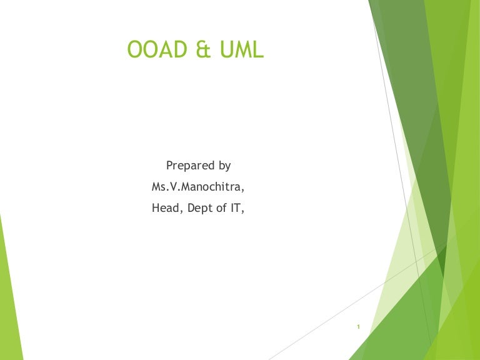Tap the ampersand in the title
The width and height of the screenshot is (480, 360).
(x=204, y=49)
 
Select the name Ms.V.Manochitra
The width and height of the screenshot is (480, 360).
(x=198, y=187)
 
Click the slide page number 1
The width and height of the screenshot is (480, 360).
(x=358, y=327)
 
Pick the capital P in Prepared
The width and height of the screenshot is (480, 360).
(x=169, y=166)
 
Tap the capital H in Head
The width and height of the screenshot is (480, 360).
(x=156, y=208)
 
